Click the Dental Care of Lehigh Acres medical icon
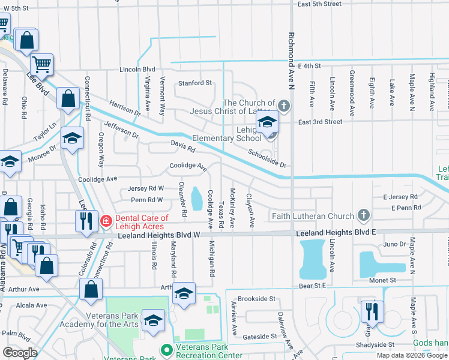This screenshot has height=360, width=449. [106, 221]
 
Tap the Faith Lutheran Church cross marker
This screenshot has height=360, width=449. [363, 215]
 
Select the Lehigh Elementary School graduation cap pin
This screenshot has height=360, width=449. [267, 123]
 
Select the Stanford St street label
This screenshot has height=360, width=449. [194, 83]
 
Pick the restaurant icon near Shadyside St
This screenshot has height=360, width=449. [372, 312]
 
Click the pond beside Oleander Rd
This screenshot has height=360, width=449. [196, 199]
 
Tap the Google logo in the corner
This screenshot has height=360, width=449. [19, 353]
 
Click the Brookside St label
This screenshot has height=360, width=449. [256, 298]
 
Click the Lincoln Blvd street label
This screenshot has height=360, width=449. [137, 69]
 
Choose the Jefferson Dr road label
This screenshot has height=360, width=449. [121, 130]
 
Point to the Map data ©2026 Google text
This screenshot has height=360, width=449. [411, 355]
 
